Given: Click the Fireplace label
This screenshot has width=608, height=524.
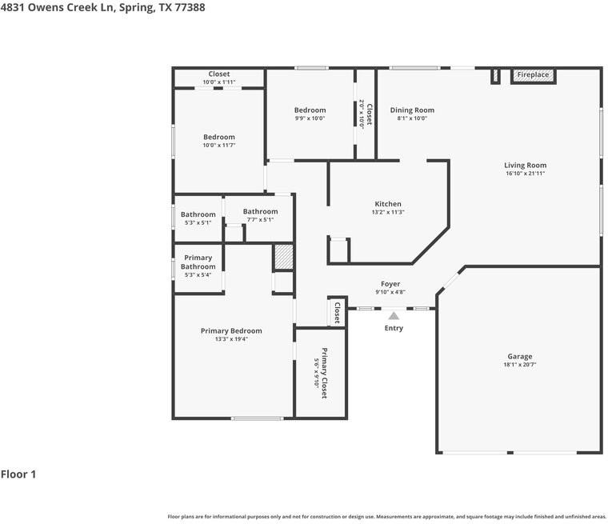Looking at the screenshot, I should [x=533, y=75].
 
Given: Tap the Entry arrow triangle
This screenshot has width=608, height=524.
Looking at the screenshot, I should [x=394, y=316].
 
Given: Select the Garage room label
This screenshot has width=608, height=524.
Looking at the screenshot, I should [x=519, y=357].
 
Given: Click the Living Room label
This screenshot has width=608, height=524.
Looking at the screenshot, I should [x=525, y=166].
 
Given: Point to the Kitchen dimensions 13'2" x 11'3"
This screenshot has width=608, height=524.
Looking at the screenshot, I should [x=388, y=212].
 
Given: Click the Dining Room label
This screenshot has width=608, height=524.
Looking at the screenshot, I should [x=412, y=110].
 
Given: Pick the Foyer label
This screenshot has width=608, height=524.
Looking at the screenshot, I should [x=390, y=284].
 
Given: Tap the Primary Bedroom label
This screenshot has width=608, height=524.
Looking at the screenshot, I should [x=231, y=331].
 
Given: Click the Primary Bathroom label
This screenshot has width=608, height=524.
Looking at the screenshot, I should [x=198, y=262].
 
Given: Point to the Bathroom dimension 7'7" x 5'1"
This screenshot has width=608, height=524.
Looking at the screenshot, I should [x=260, y=220].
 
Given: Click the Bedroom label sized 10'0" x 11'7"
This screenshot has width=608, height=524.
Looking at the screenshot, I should [x=219, y=137].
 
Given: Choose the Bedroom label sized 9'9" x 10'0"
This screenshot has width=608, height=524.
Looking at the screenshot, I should [x=310, y=110].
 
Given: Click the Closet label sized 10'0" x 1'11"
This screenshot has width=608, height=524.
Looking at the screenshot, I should [x=219, y=74].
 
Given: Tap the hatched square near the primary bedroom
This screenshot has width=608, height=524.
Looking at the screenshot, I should [x=284, y=257].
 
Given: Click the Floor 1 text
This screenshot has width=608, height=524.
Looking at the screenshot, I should [x=18, y=474].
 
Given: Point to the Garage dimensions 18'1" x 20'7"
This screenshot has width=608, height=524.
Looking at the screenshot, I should [x=519, y=366].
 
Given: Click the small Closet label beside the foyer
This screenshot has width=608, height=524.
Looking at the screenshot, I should [x=337, y=312].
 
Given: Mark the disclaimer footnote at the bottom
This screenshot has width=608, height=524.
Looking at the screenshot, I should [x=386, y=516].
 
